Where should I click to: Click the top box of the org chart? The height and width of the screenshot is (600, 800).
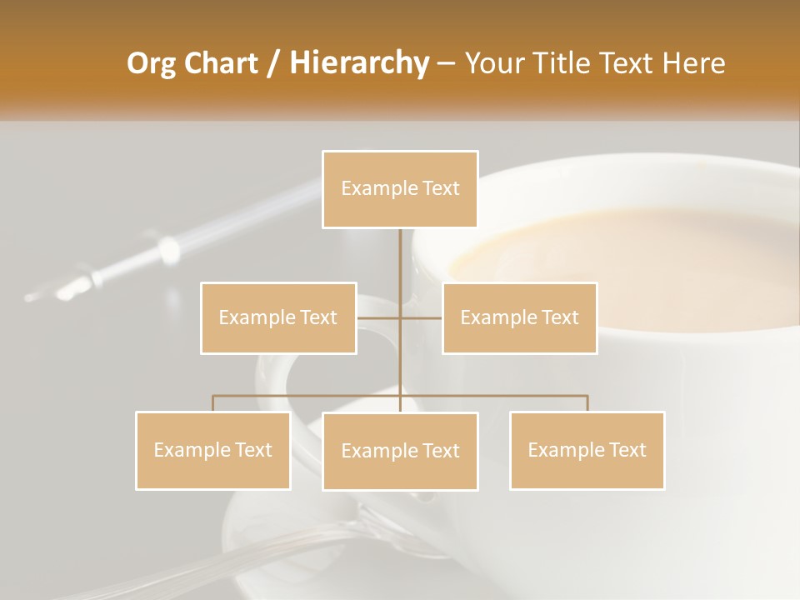tap(400, 189)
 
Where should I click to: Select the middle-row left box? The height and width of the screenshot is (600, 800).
tap(278, 317)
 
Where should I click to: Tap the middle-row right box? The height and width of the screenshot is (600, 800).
tap(519, 317)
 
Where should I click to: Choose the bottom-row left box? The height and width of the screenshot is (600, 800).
tap(213, 450)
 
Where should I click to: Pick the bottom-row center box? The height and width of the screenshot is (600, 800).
tap(400, 451)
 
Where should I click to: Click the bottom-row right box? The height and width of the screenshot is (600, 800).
tap(587, 450)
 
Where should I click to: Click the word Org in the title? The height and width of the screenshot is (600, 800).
tap(152, 63)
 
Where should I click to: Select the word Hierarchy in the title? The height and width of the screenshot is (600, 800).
tap(358, 63)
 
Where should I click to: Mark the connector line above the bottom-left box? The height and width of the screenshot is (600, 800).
tap(213, 402)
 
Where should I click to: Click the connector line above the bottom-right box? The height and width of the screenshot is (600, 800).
tap(587, 402)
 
